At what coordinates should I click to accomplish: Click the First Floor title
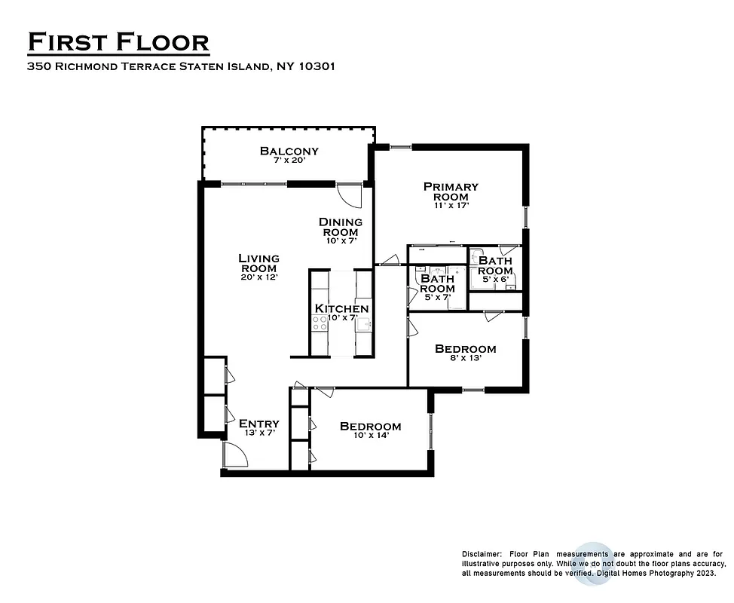118,42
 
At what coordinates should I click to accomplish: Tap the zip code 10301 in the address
317,66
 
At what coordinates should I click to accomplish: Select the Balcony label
289,151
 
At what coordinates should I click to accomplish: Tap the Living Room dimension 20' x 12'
258,277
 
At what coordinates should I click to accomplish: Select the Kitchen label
341,308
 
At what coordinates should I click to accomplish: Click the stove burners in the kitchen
320,323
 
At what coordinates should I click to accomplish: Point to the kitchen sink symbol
362,324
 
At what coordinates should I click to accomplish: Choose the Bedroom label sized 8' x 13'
465,349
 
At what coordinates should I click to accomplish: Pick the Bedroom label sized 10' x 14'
370,427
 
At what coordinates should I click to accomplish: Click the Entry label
258,424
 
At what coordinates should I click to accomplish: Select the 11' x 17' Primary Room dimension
451,206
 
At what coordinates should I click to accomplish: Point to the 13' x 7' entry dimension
258,434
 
